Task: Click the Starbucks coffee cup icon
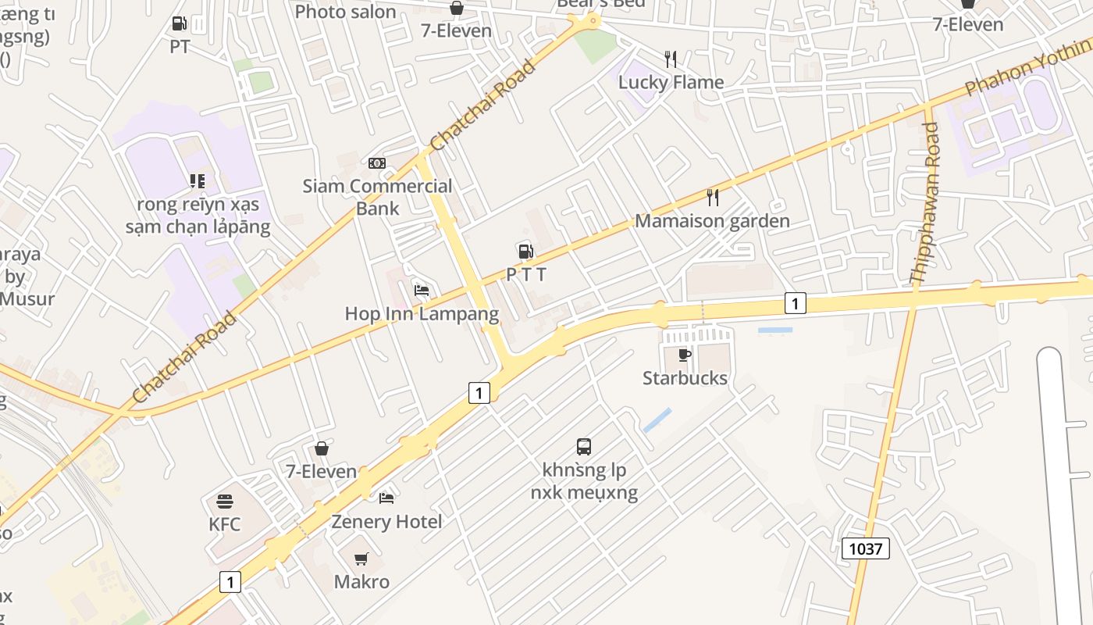685,355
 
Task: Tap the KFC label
225,523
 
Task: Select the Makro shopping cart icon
361,559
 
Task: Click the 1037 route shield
865,548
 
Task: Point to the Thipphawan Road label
926,203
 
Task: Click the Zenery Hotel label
386,521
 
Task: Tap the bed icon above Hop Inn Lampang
422,291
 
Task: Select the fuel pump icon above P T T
525,251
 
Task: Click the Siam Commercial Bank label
378,197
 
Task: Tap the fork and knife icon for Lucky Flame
670,59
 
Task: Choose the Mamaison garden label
712,221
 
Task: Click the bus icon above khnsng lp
584,447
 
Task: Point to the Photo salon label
345,11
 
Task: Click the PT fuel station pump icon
179,24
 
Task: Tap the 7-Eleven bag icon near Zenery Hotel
321,448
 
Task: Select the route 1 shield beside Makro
230,581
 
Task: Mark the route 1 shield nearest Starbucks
795,303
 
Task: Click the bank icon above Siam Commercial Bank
377,163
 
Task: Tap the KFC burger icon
225,501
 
